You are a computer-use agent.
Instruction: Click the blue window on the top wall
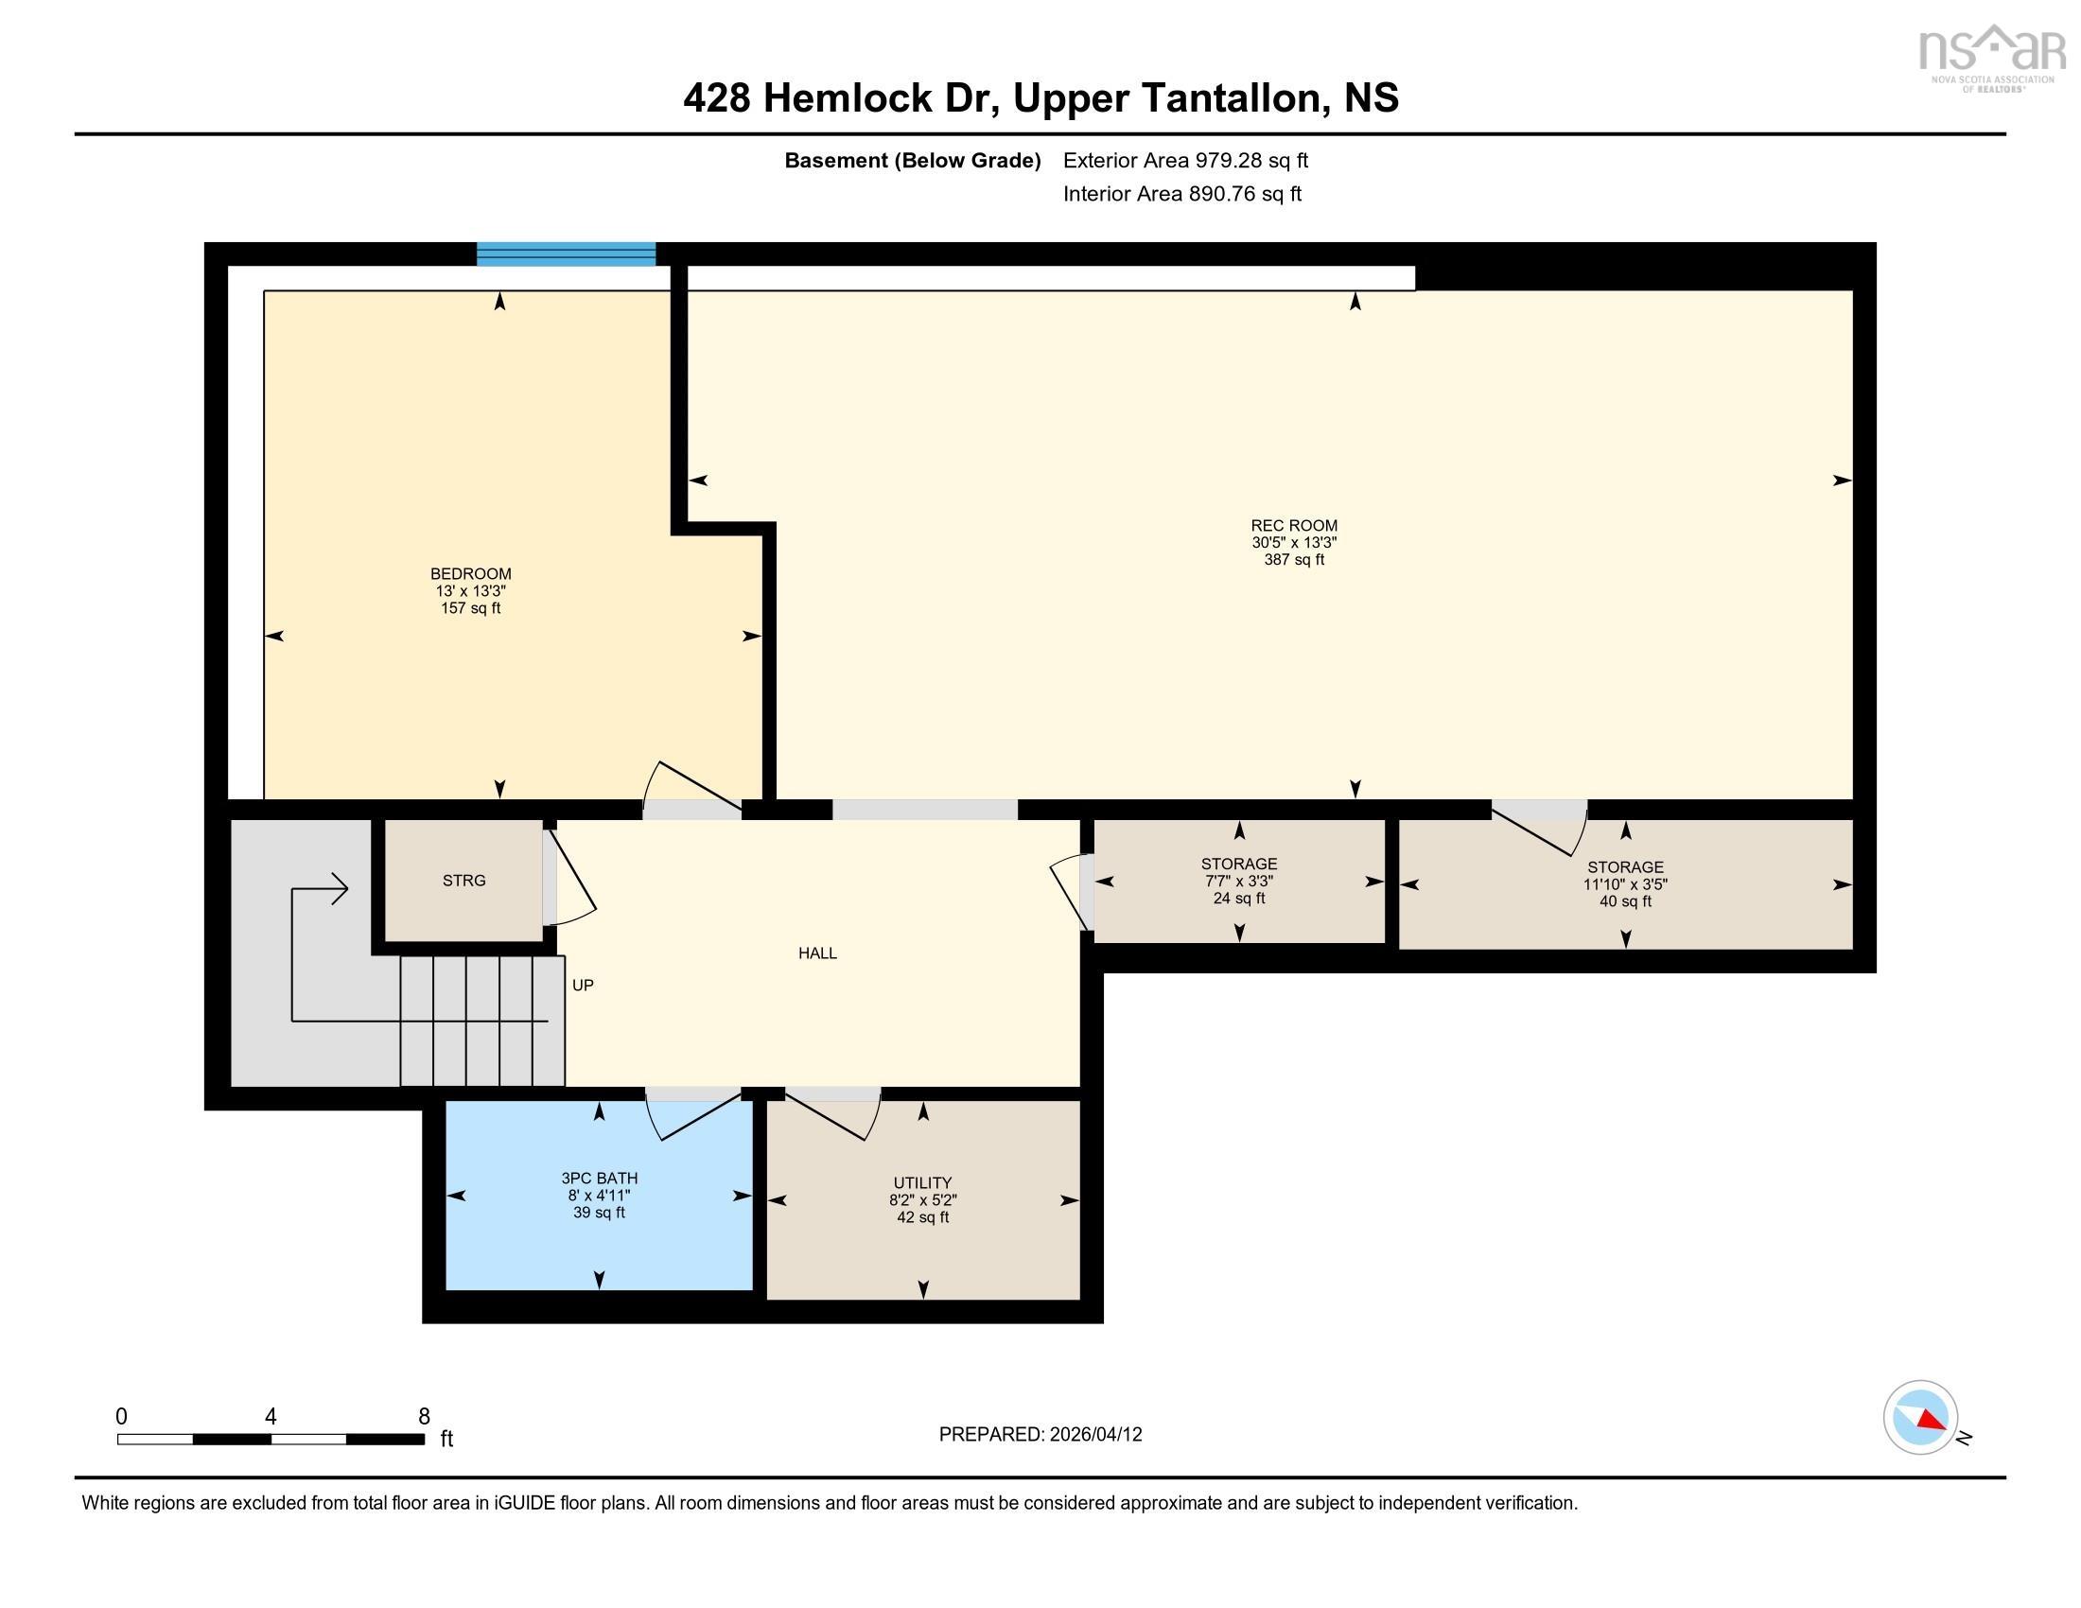[x=566, y=254]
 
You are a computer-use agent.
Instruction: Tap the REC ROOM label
[x=1294, y=526]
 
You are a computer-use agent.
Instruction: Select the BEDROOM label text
[x=471, y=574]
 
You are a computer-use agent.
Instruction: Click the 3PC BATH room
[x=600, y=1196]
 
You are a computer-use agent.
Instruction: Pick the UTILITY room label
[x=922, y=1183]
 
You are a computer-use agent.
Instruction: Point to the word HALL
[x=817, y=953]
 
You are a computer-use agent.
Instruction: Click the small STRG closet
[x=464, y=881]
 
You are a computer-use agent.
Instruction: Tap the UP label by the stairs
[x=583, y=985]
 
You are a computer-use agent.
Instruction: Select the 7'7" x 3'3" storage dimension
[x=1239, y=882]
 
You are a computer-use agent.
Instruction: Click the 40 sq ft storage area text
[x=1625, y=901]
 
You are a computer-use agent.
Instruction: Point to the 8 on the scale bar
[x=424, y=1417]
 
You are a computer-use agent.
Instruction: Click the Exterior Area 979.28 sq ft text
[x=1185, y=160]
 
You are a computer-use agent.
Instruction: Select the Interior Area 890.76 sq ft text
[x=1181, y=193]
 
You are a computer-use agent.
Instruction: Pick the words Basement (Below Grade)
[x=912, y=160]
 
